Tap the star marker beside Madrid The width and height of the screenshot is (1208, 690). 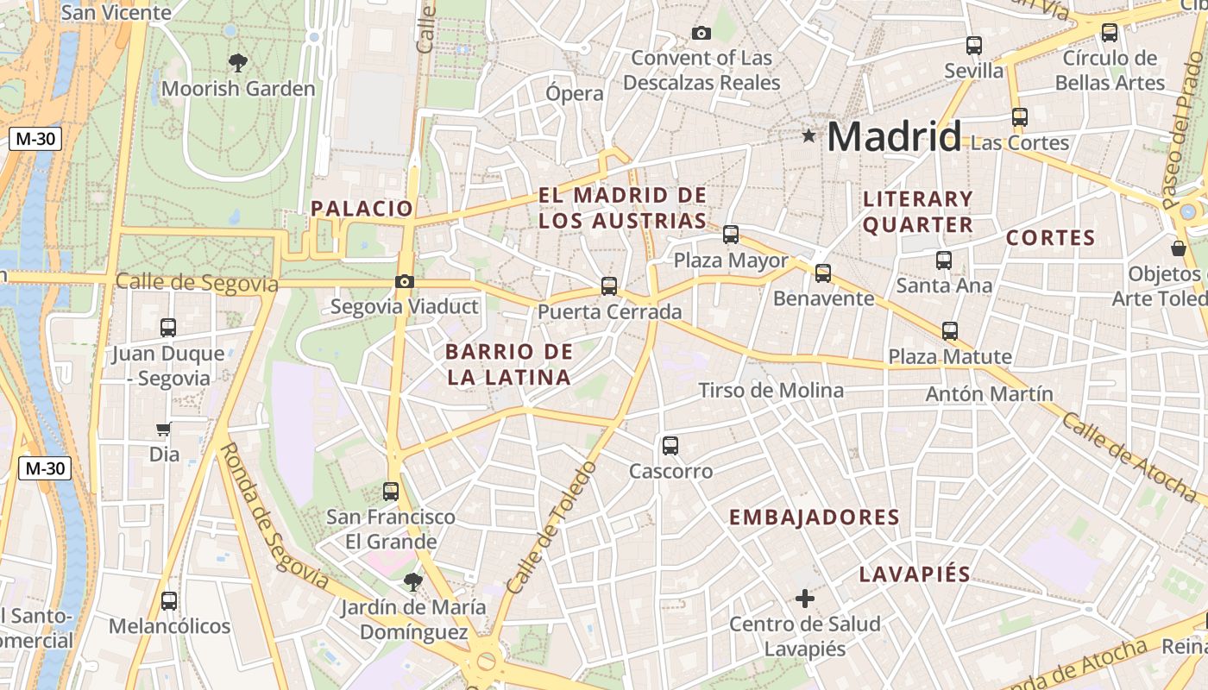[x=808, y=135]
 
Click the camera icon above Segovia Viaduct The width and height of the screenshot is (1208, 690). [x=404, y=281]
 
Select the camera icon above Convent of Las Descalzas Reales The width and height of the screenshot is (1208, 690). [x=702, y=33]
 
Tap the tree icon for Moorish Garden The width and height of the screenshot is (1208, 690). [x=238, y=62]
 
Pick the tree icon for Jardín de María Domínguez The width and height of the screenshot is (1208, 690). [x=412, y=581]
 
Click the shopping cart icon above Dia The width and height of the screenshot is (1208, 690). [x=164, y=429]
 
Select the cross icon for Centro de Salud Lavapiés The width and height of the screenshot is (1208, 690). [x=804, y=598]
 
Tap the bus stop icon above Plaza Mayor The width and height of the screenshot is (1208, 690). [x=731, y=234]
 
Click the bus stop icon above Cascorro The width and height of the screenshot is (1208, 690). [x=670, y=446]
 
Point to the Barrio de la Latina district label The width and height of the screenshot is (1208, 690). [x=509, y=364]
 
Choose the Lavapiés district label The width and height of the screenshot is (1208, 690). [x=915, y=574]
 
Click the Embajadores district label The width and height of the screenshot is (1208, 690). [x=815, y=517]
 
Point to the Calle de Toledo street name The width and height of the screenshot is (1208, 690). [x=551, y=528]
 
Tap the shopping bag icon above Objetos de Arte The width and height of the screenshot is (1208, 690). [x=1179, y=248]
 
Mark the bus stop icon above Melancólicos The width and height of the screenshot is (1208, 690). [x=169, y=600]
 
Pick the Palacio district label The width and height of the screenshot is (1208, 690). [x=362, y=208]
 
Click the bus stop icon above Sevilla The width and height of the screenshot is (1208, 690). [x=974, y=46]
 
